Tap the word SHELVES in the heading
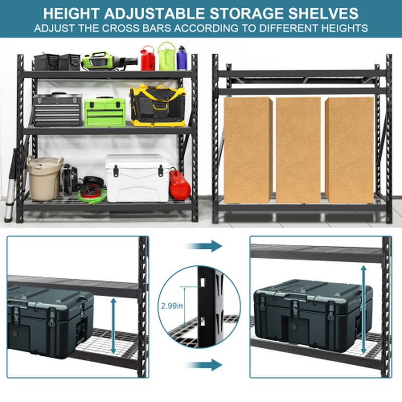click(321, 13)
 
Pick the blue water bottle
click(181, 58)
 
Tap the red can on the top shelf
click(147, 58)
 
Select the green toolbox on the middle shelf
click(105, 112)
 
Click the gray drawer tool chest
click(57, 110)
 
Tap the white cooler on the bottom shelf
click(137, 178)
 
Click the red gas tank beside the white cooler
click(180, 184)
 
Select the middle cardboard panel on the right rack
click(298, 149)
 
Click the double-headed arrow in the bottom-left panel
click(114, 326)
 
